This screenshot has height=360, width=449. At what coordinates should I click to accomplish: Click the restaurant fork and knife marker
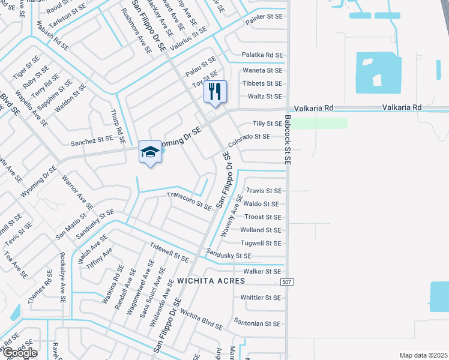215,92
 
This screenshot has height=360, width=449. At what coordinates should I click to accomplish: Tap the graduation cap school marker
150,152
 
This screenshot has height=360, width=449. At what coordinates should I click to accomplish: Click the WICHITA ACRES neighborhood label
211,281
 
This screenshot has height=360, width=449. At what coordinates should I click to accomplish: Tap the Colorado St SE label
249,140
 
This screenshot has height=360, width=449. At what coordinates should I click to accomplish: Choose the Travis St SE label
264,191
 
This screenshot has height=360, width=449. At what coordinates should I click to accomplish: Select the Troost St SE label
262,217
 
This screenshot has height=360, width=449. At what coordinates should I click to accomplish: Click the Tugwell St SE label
261,243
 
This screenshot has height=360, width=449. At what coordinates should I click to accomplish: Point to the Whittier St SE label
261,298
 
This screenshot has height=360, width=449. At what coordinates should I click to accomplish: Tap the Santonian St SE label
258,322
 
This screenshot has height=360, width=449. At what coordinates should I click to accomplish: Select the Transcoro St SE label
189,200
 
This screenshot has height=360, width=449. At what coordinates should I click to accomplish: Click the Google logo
20,353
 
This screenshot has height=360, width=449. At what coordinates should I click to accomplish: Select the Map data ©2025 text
423,355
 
